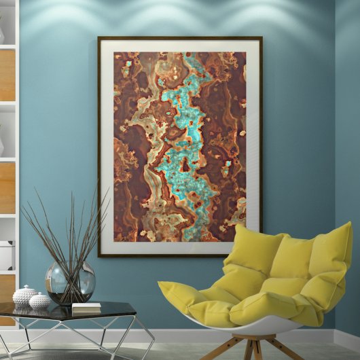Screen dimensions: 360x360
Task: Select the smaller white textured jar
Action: point(39,302)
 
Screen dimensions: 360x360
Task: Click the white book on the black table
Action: point(86,308)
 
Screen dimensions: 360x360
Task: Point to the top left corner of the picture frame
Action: point(99,38)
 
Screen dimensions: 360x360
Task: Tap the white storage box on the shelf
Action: point(5,255)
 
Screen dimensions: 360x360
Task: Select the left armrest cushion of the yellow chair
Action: point(187,299)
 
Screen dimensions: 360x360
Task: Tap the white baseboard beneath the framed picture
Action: point(170,336)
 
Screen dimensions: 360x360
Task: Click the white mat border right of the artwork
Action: point(253,146)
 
